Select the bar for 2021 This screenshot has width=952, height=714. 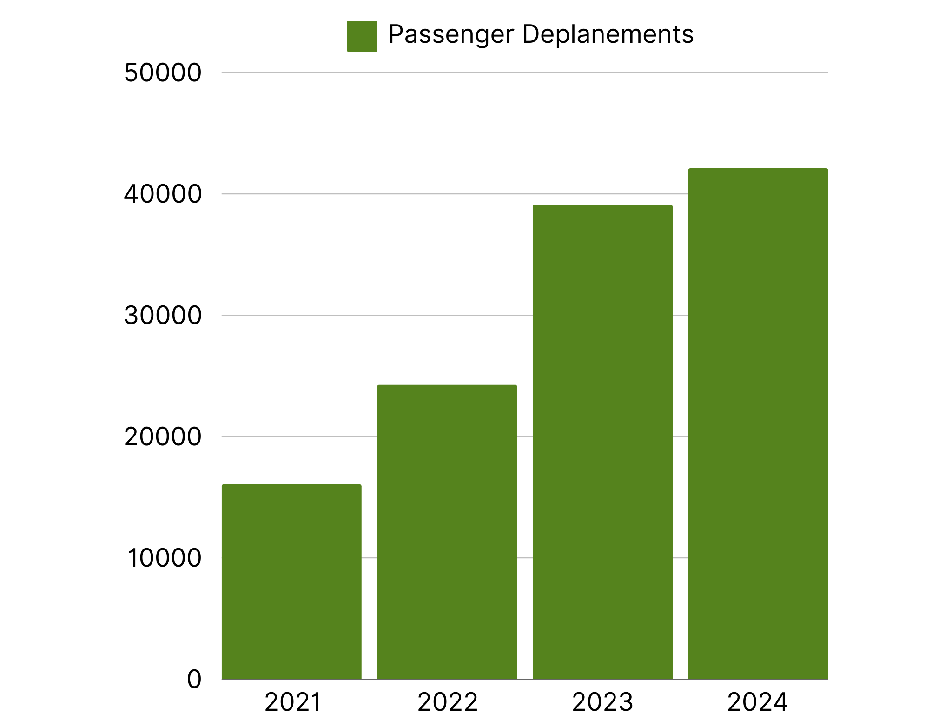click(x=291, y=582)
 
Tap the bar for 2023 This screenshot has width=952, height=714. click(x=602, y=442)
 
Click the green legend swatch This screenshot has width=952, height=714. click(x=362, y=36)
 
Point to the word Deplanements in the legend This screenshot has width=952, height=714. click(x=608, y=34)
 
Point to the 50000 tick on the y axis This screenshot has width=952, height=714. click(x=163, y=73)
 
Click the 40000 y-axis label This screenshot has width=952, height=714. click(x=163, y=194)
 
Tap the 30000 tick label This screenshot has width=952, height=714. click(x=163, y=316)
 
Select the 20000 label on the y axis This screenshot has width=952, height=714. click(x=163, y=437)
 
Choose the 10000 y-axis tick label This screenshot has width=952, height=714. click(x=164, y=558)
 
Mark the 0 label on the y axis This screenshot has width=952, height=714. click(x=194, y=679)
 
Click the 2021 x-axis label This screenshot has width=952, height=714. click(x=292, y=702)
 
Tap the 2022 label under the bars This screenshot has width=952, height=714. click(x=447, y=702)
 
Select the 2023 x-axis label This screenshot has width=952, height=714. click(x=602, y=702)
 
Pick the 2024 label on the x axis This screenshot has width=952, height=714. click(x=757, y=702)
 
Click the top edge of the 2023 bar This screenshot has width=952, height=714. click(x=602, y=206)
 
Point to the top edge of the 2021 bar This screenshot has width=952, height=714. click(x=291, y=486)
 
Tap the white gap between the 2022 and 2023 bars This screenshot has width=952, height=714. click(x=525, y=511)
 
